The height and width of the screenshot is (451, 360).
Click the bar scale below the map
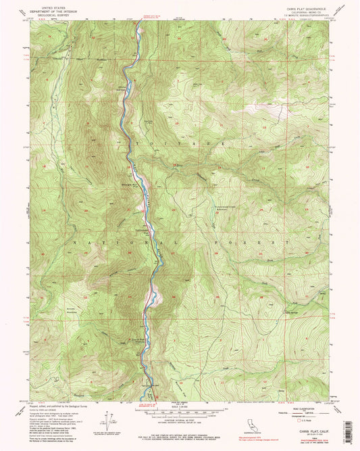(x=180, y=411)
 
